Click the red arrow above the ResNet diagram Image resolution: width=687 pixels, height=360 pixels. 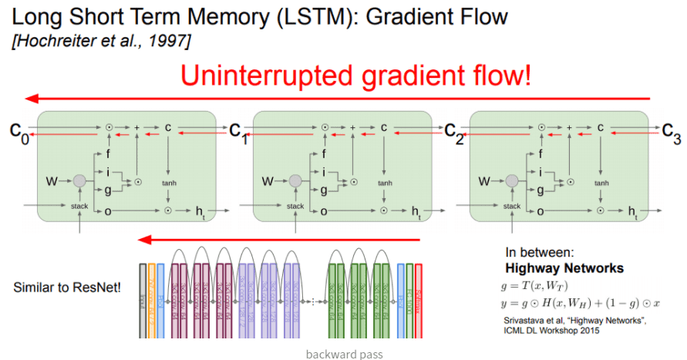[x=278, y=239]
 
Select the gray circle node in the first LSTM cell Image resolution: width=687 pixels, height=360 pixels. [x=79, y=182]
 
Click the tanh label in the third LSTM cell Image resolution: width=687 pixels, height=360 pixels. [x=601, y=183]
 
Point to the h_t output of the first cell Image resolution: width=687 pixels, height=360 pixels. [x=200, y=211]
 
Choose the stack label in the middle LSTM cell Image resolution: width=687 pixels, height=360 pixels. [x=295, y=206]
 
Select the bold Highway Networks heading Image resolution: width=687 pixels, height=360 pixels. [x=564, y=268]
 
